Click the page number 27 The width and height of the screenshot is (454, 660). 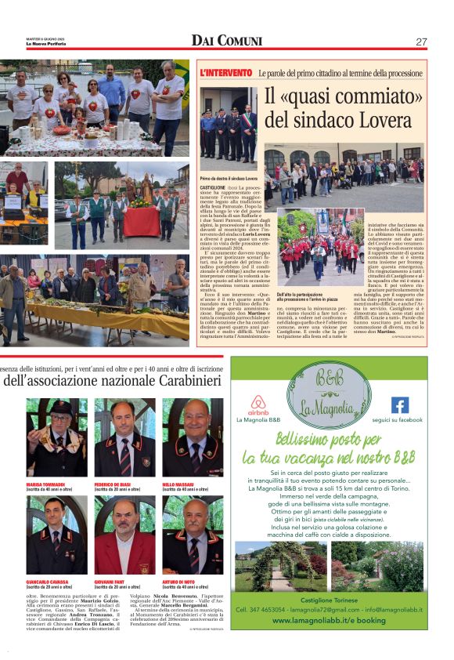pos(421,42)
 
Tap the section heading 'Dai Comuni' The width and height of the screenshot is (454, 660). pos(227,42)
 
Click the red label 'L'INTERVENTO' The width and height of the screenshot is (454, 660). pos(226,73)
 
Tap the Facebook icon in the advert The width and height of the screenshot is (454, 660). pos(399,405)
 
